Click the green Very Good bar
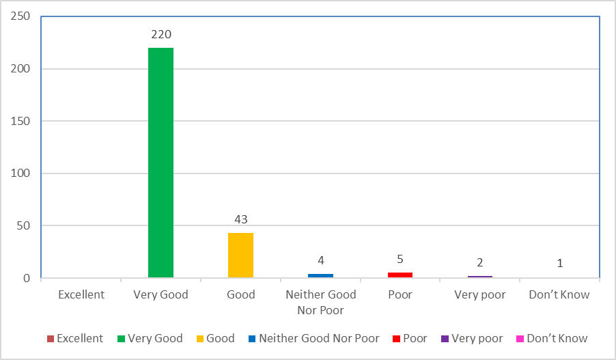click(160, 163)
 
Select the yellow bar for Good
click(240, 255)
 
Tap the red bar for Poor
click(400, 275)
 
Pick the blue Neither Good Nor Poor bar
click(320, 275)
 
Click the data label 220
click(160, 34)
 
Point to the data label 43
click(240, 219)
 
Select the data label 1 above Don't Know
click(559, 263)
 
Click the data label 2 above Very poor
click(480, 262)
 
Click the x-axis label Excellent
click(81, 295)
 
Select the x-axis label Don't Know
click(559, 295)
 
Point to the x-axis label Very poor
click(480, 295)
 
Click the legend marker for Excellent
click(51, 339)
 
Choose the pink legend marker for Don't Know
click(520, 339)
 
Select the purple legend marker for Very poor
click(445, 339)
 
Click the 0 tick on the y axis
click(27, 279)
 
